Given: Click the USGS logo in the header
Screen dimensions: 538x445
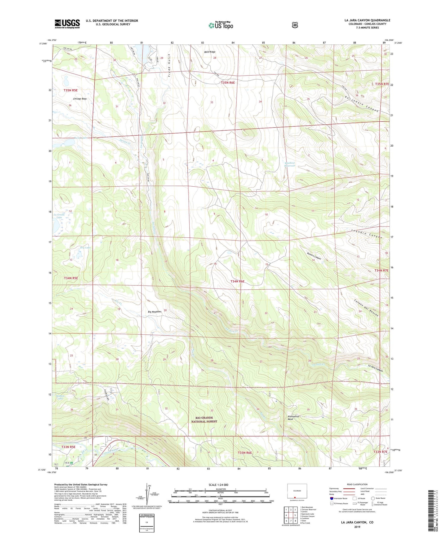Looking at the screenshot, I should tap(67, 24).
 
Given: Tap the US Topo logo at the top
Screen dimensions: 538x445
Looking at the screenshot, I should tap(221, 25).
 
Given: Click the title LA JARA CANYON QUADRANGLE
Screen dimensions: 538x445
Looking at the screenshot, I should tap(367, 20).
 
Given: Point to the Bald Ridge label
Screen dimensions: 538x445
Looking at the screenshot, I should tap(210, 52).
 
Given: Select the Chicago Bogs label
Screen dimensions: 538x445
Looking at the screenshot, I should tap(80, 99).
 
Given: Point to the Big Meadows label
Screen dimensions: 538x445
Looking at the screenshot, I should tap(155, 312).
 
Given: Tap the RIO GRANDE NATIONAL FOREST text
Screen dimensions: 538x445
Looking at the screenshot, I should tap(204, 419).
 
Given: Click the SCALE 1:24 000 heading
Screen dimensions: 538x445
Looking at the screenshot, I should tap(218, 485).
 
